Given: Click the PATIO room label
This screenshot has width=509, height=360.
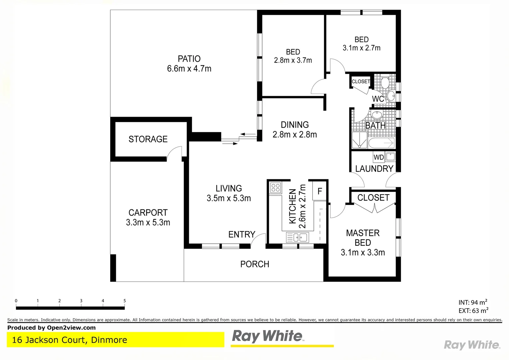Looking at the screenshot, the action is point(189,59).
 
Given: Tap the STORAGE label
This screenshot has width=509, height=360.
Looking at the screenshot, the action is point(148,139).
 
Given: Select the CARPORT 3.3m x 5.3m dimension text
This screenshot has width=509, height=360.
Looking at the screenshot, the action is point(148,222).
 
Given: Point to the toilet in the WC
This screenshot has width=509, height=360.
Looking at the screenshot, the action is point(385,82).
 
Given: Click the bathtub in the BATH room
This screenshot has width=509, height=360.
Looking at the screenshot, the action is point(381,143).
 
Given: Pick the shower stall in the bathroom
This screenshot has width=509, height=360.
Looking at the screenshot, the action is point(359,140).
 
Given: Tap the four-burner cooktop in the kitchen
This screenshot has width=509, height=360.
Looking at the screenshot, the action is point(275,187).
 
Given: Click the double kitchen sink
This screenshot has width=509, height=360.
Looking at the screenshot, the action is point(297,237).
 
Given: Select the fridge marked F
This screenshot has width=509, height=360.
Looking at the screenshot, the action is point(319,191).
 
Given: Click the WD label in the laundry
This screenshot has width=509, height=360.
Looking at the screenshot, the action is point(379,157).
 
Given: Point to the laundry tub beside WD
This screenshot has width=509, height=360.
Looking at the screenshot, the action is point(390,156).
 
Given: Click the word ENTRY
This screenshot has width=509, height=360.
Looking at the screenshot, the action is point(242,234).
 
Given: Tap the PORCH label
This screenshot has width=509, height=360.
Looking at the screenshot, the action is point(254,264).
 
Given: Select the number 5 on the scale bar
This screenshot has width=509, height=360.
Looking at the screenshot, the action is point(125,301).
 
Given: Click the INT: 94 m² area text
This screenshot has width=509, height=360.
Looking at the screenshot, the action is point(473,302).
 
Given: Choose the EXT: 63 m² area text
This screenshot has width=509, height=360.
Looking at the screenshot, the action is point(473,311).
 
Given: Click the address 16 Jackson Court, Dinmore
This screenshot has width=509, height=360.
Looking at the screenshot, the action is point(70,340).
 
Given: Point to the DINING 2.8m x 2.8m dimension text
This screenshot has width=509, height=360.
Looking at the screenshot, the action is point(294,134).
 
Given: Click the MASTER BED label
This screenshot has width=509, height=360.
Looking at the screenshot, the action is point(363,238).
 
